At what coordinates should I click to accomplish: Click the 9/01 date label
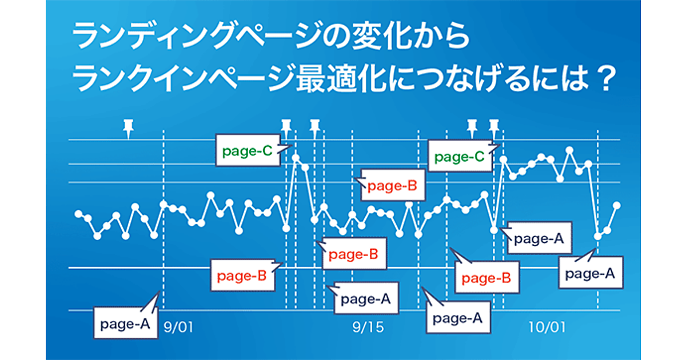point(178,327)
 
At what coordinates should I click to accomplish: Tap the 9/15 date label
point(368,327)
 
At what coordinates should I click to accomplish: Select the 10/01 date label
point(547,327)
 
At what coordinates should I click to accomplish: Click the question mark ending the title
point(607,79)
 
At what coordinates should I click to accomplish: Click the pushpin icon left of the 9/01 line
point(128,129)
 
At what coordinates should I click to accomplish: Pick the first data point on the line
point(79,214)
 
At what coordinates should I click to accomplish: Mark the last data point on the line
point(617,206)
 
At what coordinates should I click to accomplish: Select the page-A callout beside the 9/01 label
point(126,323)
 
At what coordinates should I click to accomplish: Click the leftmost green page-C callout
point(248,150)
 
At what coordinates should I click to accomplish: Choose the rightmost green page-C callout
point(460,156)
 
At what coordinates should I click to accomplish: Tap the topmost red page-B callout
point(393,185)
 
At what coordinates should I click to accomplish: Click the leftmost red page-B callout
point(243,275)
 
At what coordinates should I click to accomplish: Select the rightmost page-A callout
point(591,273)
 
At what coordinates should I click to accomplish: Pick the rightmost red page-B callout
point(487,277)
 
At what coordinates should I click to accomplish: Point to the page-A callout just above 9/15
point(366,298)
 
